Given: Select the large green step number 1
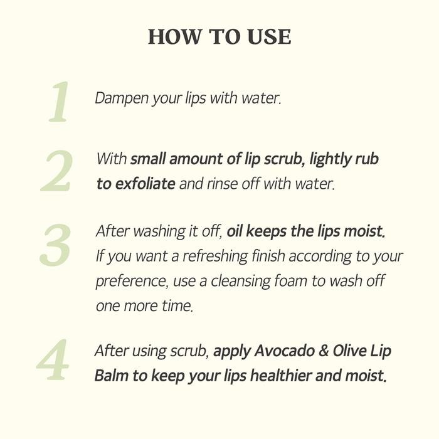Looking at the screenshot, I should [59, 102].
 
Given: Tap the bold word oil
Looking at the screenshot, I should [235, 231].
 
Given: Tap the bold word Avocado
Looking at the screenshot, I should [282, 351].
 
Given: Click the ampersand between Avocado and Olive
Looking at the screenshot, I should [324, 351].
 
